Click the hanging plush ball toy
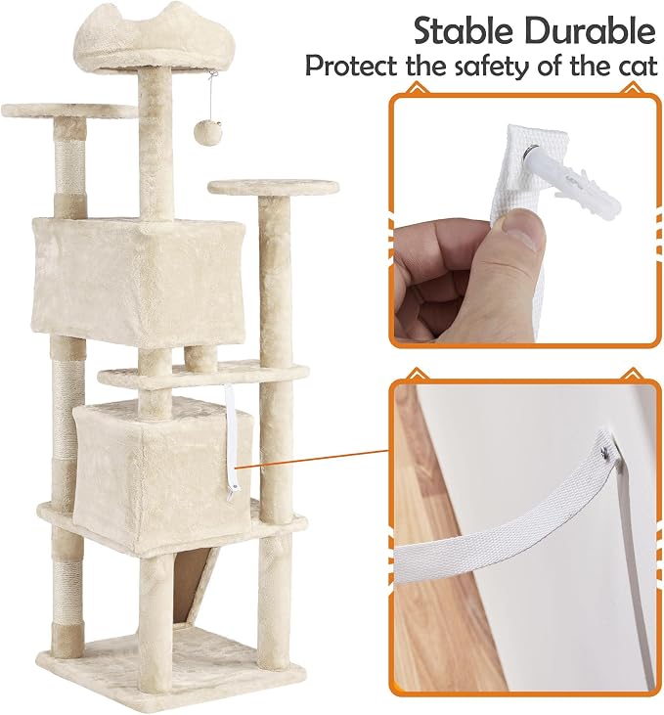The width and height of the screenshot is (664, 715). tap(202, 132)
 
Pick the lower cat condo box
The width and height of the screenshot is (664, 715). tap(163, 474)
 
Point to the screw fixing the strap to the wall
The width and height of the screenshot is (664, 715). tap(605, 451)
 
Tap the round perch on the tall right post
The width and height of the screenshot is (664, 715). tap(274, 188)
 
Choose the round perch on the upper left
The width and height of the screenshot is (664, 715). tap(69, 111)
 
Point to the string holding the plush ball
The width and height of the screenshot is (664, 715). tap(207, 98)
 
